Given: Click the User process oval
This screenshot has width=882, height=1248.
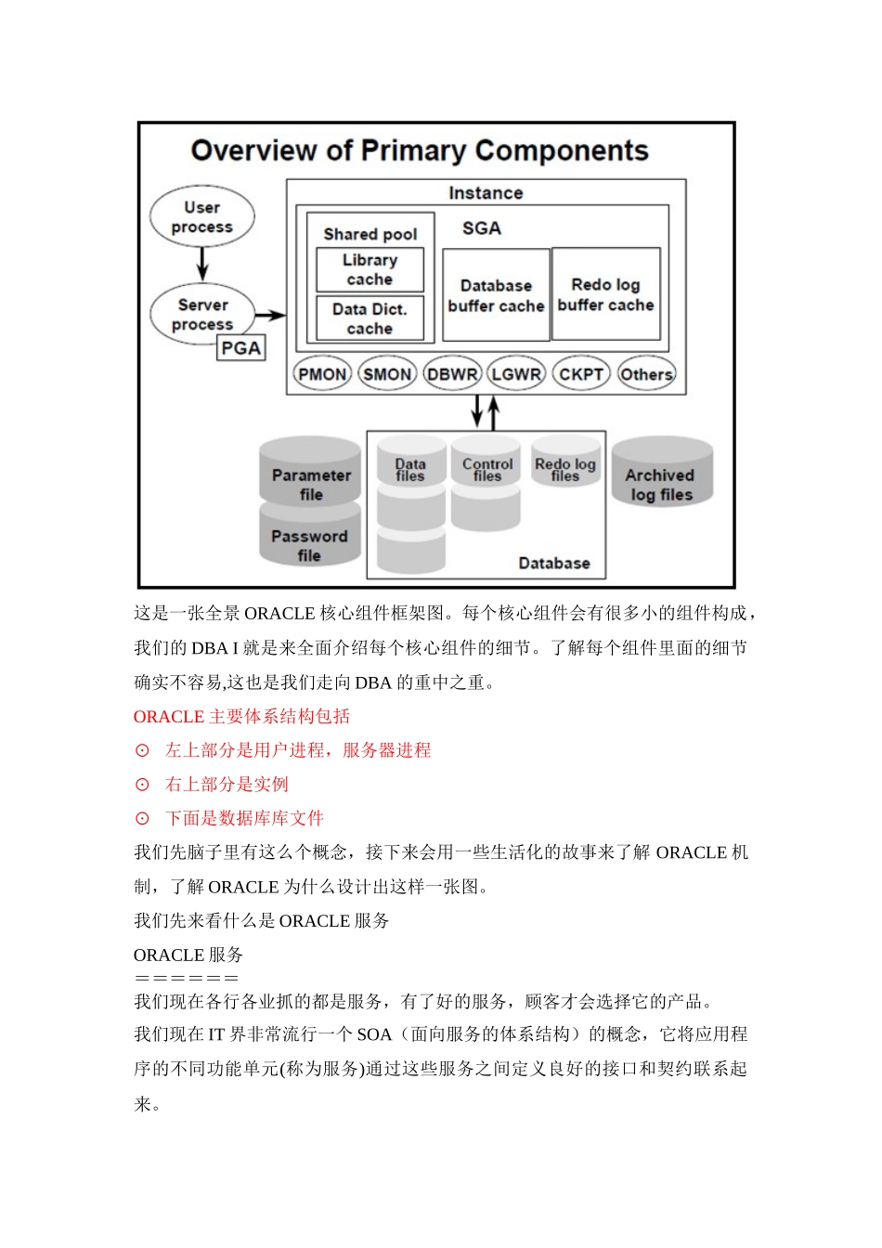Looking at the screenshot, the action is coord(201,217).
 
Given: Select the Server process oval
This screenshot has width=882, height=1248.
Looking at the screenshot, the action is coord(201,314).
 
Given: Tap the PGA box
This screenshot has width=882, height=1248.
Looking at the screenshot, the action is coord(240,348).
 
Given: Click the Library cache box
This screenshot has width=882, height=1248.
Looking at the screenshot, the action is coord(370,269).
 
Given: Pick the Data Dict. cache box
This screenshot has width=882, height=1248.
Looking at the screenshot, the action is coord(370,318).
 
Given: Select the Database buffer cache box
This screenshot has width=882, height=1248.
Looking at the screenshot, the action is coord(496,295).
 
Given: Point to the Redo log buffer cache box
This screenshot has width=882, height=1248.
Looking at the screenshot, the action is coord(605,294).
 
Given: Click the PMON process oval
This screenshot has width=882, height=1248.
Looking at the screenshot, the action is coord(322,374).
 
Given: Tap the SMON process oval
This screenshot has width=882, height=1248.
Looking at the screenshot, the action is coord(387,374).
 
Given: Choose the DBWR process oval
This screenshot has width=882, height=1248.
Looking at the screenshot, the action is coord(452,374).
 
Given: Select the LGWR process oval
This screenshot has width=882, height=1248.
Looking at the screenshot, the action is coord(516,374).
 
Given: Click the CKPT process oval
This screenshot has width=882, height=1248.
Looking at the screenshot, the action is coord(581,374).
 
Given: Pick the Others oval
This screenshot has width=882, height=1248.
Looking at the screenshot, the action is coord(646,374).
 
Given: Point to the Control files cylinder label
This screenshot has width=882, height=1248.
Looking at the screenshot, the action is coord(486,469).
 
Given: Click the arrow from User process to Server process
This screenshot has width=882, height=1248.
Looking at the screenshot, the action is coord(202,263).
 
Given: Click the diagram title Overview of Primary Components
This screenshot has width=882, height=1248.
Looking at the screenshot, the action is coord(420,150).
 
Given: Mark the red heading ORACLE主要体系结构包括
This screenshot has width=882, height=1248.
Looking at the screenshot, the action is coord(242,716).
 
